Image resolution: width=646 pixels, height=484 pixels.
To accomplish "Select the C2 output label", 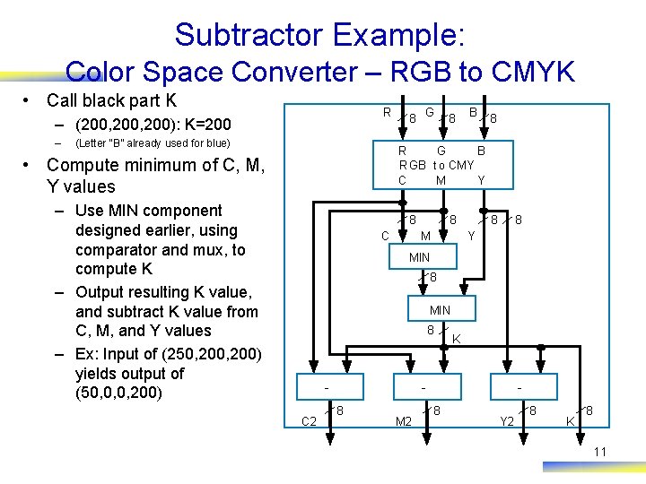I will coord(309,420).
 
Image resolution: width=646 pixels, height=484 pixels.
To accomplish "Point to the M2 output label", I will coord(404,420).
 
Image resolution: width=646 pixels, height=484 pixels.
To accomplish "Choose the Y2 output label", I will coord(507,420).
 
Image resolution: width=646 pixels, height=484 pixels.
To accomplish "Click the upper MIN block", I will coord(419,257).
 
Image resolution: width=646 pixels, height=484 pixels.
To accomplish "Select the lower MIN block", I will coord(440,310).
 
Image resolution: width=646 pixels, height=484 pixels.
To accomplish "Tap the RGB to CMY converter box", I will coord(440,166).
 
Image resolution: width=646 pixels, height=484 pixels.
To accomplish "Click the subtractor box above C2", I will coord(329,386).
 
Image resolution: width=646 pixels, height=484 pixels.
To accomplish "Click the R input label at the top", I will coord(387,113).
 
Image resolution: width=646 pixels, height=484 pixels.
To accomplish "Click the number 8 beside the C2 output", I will coord(342,411).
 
